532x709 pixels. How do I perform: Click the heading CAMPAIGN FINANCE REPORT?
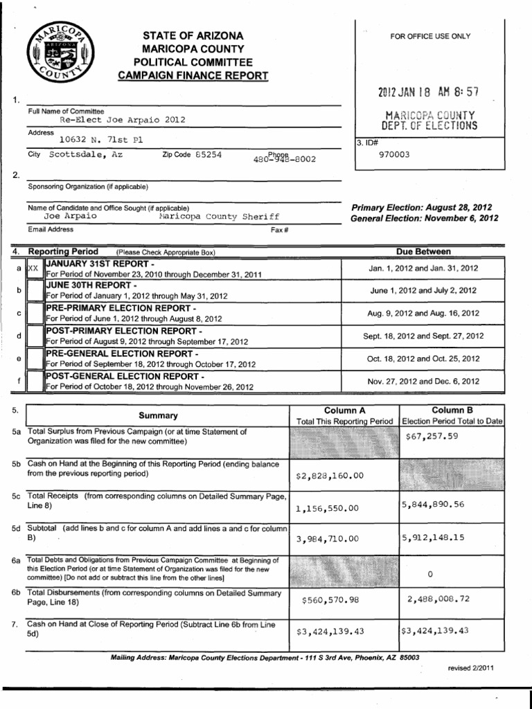click(x=193, y=75)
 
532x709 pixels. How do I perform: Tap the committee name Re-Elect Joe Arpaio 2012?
click(x=123, y=119)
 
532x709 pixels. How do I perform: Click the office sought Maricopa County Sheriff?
click(x=218, y=216)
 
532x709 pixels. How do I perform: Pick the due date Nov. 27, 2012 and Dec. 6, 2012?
click(x=422, y=381)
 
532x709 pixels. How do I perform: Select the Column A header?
click(x=344, y=411)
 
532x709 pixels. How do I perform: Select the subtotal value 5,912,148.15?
click(x=432, y=537)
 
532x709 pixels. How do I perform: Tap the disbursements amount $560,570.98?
click(x=330, y=600)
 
